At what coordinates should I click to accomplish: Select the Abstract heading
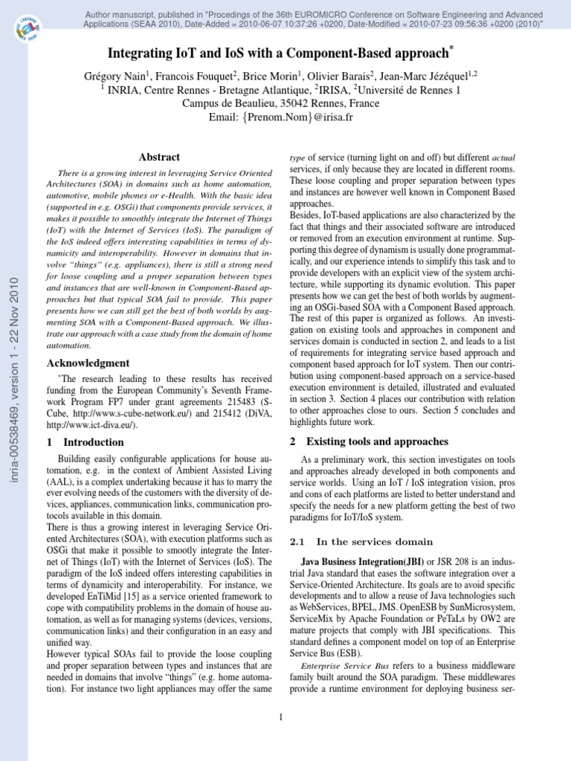pyautogui.click(x=159, y=157)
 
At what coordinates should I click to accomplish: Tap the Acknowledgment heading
pyautogui.click(x=88, y=363)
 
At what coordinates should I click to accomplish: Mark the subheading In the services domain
pyautogui.click(x=359, y=541)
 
